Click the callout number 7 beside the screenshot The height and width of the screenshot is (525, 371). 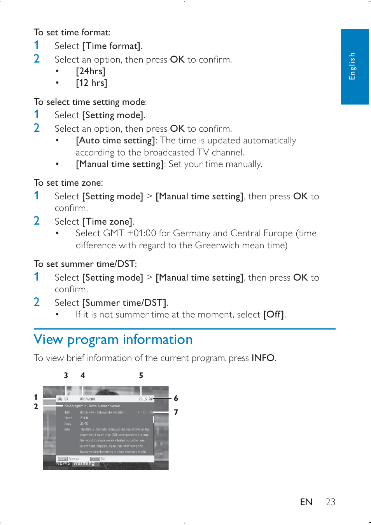pos(176,412)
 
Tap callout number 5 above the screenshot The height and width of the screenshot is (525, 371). pos(141,375)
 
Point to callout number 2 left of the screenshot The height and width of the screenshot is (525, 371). pos(36,406)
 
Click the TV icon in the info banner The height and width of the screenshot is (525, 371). pos(60,399)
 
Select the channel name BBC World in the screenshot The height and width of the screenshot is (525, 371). pos(87,399)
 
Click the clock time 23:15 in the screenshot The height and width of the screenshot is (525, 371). pos(143,399)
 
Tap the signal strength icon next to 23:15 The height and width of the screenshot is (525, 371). pos(151,399)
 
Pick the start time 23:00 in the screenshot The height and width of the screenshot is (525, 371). pos(84,418)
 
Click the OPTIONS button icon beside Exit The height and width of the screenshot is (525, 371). pos(95,459)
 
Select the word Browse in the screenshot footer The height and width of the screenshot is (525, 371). pos(74,459)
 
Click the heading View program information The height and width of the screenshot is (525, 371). pos(113,340)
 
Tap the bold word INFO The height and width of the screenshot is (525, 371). pos(263,358)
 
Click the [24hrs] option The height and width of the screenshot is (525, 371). pos(91,71)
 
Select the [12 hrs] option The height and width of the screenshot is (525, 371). pos(91,83)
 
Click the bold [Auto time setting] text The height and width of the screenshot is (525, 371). pos(115,140)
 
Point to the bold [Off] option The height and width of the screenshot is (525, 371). pos(274,314)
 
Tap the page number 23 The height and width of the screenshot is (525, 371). pos(331,502)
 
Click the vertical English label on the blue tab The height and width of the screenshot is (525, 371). pos(352,66)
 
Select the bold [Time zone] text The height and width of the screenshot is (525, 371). pos(107,222)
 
